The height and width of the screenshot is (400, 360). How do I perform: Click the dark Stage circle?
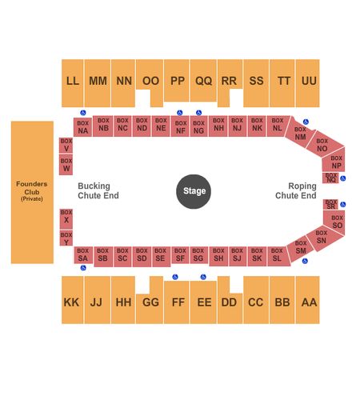click(x=194, y=191)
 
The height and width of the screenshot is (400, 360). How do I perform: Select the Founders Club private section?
click(x=32, y=192)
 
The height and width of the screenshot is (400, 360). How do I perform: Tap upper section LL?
click(x=73, y=83)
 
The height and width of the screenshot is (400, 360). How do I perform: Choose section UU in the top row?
click(x=308, y=83)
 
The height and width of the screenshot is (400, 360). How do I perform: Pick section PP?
click(x=177, y=81)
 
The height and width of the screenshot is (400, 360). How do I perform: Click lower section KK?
click(x=73, y=300)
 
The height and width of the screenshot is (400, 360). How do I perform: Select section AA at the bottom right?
click(x=308, y=300)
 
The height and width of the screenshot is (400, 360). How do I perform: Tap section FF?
click(x=177, y=302)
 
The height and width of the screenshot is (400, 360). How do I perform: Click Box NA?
click(x=83, y=127)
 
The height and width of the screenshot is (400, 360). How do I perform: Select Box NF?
click(x=180, y=126)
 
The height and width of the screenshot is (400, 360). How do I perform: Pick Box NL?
click(x=278, y=126)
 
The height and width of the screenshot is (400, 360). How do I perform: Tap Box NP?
click(x=334, y=161)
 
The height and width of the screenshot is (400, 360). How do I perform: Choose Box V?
click(x=66, y=146)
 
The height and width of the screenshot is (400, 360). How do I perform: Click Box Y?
click(x=66, y=238)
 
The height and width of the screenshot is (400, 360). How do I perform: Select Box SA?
click(x=83, y=255)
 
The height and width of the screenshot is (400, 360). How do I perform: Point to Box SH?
click(x=218, y=256)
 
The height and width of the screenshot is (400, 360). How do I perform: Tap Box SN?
click(x=324, y=238)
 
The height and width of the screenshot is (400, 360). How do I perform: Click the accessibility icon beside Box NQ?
click(x=343, y=178)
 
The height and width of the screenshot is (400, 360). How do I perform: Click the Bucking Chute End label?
click(x=98, y=190)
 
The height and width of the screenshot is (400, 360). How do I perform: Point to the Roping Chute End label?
click(x=296, y=190)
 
